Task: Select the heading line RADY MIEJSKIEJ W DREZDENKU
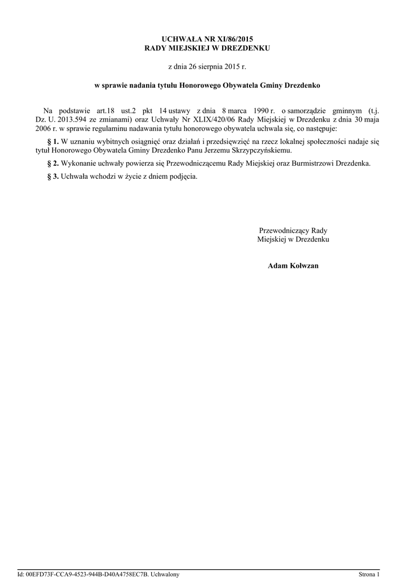207,48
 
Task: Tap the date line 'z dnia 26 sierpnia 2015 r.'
207,67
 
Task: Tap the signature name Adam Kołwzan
293,266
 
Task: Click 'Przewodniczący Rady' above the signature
293,230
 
